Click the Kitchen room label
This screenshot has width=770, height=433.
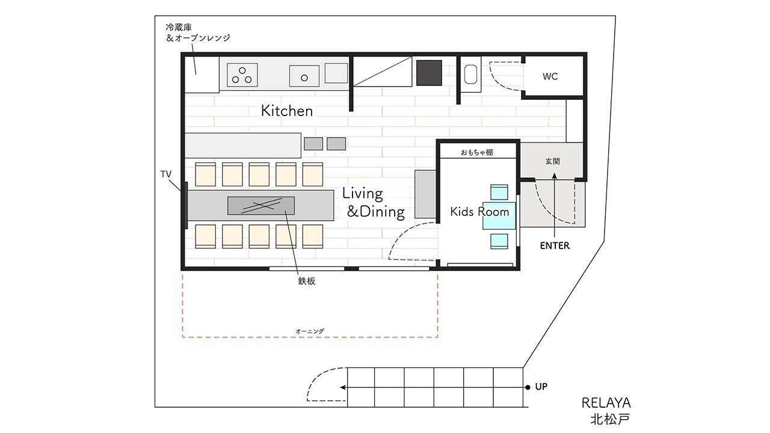[287, 111]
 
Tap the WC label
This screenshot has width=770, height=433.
[550, 76]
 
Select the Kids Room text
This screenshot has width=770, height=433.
[479, 211]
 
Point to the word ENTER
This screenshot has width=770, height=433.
[555, 245]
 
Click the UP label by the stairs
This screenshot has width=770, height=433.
[541, 387]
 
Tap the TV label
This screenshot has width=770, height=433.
[165, 174]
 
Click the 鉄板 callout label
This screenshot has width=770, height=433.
[307, 281]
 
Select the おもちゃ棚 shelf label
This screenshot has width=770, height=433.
[477, 152]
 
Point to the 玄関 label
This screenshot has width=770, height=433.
[552, 161]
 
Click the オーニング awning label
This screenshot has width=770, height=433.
[310, 331]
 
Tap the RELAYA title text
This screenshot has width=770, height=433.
[606, 403]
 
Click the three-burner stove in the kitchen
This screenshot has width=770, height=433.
[242, 75]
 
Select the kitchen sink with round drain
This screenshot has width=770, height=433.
[304, 76]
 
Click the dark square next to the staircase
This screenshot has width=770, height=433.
[429, 73]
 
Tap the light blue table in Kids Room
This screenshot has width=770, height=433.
[499, 216]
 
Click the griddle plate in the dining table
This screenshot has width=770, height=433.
[261, 206]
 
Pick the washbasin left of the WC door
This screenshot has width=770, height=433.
[470, 75]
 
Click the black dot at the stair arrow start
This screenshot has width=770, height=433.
[528, 387]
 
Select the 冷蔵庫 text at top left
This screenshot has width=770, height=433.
[179, 27]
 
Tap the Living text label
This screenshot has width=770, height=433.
[362, 194]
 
